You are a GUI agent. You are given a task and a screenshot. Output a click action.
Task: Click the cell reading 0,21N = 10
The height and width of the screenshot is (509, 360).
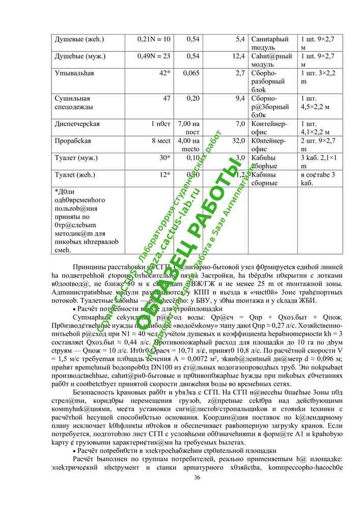point(154,39)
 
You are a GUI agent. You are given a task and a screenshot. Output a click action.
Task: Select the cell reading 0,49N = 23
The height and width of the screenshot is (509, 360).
point(154,56)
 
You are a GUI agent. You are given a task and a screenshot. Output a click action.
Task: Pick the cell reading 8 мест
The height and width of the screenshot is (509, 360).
point(160,140)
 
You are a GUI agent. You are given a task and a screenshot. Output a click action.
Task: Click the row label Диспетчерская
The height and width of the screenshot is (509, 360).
point(77,124)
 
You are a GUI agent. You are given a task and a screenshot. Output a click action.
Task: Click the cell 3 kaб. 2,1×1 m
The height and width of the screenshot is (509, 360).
point(319,162)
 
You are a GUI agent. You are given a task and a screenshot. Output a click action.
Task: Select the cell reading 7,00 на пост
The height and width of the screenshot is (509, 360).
point(189,127)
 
